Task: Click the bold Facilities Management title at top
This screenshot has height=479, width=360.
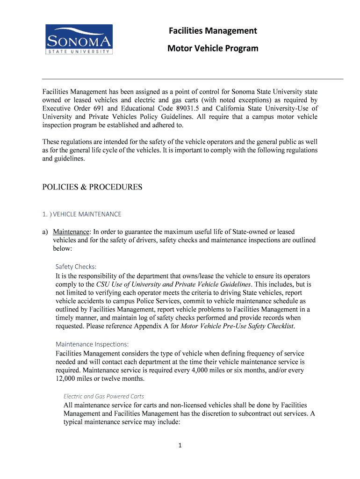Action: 213,31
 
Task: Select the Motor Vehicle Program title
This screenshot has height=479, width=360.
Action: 213,48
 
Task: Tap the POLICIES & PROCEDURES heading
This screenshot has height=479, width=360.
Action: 92,187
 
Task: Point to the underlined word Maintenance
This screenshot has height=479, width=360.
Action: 71,232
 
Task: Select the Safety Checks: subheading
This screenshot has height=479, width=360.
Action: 76,267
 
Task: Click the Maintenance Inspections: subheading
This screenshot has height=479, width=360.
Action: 92,344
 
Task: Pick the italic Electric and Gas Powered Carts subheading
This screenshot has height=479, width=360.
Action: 104,396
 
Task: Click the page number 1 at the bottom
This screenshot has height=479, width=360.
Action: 180,445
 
